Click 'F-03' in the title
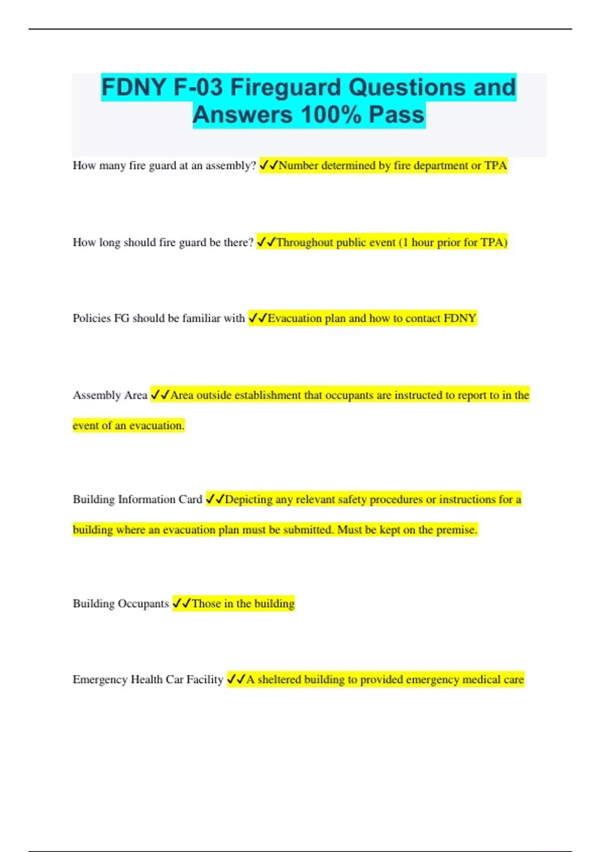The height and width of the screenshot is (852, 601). coord(198,88)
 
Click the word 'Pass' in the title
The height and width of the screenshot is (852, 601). coord(397,115)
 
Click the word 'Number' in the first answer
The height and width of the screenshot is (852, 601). coord(298,166)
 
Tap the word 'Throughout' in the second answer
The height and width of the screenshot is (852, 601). coord(305,243)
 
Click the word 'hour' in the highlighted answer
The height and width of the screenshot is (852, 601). coord(423,243)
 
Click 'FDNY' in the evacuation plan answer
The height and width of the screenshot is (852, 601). coord(460,318)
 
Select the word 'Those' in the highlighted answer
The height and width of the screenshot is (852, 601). coord(206,604)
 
